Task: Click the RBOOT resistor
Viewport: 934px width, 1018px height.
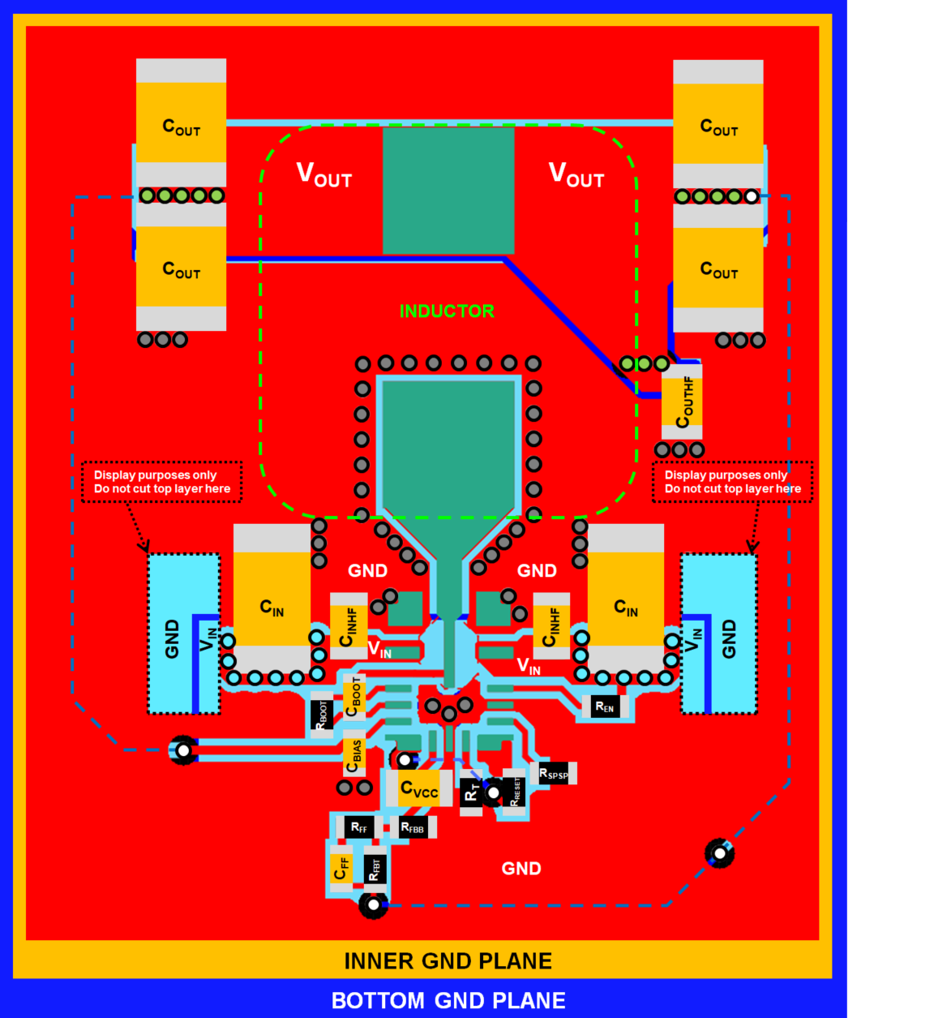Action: (x=322, y=715)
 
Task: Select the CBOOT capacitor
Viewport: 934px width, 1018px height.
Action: (x=354, y=697)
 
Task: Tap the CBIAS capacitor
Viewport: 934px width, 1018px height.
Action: (x=353, y=755)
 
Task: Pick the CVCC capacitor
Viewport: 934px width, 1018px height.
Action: (x=419, y=789)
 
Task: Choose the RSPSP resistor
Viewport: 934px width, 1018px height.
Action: (x=554, y=774)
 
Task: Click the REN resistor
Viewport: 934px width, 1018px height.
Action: (x=605, y=707)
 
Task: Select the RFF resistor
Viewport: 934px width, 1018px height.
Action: (x=359, y=827)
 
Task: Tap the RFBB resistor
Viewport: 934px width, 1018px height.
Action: (x=412, y=827)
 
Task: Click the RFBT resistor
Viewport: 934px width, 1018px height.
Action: (x=374, y=869)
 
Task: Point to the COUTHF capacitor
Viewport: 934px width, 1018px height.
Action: (x=682, y=402)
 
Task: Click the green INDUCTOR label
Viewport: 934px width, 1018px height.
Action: (x=447, y=311)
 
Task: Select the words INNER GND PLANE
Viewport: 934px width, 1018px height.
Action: (x=448, y=961)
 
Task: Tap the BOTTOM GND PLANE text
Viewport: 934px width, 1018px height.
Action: (x=448, y=1001)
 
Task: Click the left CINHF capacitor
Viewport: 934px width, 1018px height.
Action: (x=349, y=627)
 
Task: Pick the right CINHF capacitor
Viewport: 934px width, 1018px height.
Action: (x=551, y=627)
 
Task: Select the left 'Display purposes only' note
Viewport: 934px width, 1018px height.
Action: (x=162, y=482)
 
